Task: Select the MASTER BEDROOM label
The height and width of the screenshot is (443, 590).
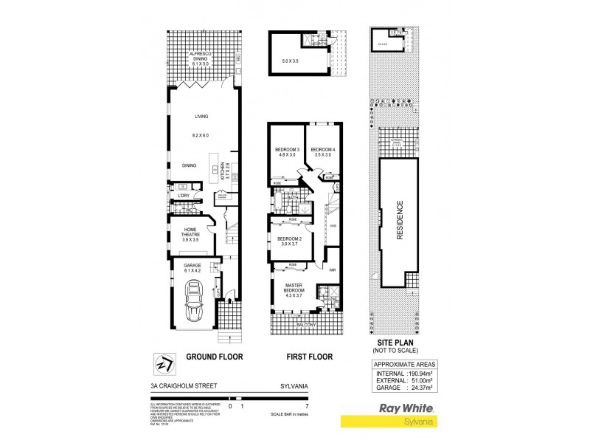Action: click(294, 289)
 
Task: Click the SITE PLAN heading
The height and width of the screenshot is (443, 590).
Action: click(403, 344)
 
